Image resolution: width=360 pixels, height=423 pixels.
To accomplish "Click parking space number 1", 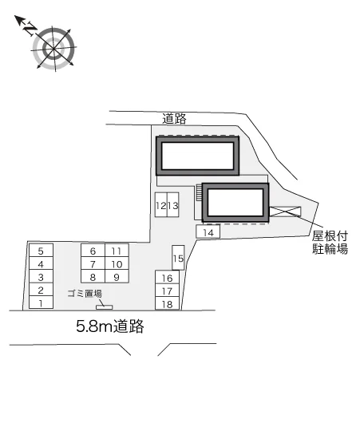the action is click(x=41, y=302).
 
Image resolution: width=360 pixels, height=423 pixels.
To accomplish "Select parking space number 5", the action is click(x=41, y=251).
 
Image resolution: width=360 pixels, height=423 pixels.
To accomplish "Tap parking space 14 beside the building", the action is click(x=208, y=231).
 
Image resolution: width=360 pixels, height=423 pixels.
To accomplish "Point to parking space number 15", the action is click(x=178, y=258).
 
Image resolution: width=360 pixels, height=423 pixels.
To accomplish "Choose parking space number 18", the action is click(x=168, y=303).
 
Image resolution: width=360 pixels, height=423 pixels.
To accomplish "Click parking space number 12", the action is click(x=161, y=204).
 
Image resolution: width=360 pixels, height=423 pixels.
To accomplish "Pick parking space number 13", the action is click(x=172, y=204).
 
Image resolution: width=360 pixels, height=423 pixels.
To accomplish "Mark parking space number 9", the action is click(x=117, y=276).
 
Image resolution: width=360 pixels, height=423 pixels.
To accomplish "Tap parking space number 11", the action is click(x=117, y=251).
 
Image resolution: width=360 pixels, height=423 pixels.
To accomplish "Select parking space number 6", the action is click(x=93, y=251).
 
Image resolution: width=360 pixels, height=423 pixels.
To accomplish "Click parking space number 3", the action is click(x=41, y=276).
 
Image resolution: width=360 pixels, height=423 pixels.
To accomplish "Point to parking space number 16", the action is click(x=168, y=277).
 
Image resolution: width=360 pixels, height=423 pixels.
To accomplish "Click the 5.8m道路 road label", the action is click(x=110, y=326).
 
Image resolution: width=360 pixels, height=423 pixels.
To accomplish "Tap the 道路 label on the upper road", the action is click(x=174, y=118).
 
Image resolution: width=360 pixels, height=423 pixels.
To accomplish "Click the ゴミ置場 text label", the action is click(x=85, y=293).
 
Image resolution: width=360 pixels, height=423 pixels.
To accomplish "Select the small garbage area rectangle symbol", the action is click(x=105, y=307).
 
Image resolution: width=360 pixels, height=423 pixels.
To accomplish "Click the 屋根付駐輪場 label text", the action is click(x=330, y=243).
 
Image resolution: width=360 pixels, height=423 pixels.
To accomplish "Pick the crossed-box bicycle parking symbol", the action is click(x=285, y=211).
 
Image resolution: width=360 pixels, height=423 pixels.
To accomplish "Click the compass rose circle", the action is click(x=54, y=49).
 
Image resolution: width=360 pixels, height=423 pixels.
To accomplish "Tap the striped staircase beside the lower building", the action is click(x=200, y=192).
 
